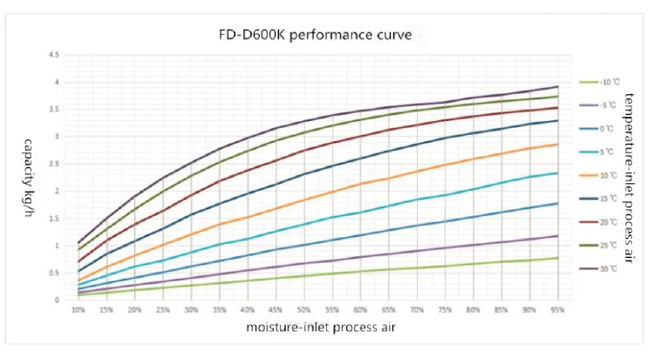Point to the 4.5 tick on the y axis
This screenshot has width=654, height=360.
click(x=55, y=55)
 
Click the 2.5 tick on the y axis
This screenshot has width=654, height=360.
click(x=55, y=164)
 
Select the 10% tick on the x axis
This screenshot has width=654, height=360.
click(x=78, y=310)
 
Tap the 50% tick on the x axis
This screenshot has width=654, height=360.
click(x=303, y=310)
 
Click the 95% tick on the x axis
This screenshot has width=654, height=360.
click(x=557, y=310)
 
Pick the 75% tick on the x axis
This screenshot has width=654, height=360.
click(x=445, y=310)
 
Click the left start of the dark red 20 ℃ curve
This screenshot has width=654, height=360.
click(x=78, y=262)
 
